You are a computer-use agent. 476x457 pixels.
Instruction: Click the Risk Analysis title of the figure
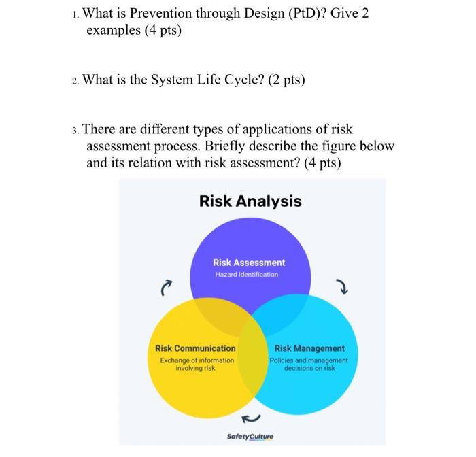(250, 201)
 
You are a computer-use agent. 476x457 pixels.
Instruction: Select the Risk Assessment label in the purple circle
(249, 262)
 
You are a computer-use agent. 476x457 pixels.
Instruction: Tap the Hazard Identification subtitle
(246, 274)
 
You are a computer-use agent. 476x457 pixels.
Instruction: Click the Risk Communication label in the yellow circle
(195, 348)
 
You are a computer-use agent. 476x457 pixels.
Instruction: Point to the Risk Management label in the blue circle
(309, 348)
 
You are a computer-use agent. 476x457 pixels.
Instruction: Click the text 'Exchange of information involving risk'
(197, 363)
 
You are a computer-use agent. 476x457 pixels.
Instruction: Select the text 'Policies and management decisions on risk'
(310, 363)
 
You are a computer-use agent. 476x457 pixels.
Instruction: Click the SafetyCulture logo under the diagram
(250, 437)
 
